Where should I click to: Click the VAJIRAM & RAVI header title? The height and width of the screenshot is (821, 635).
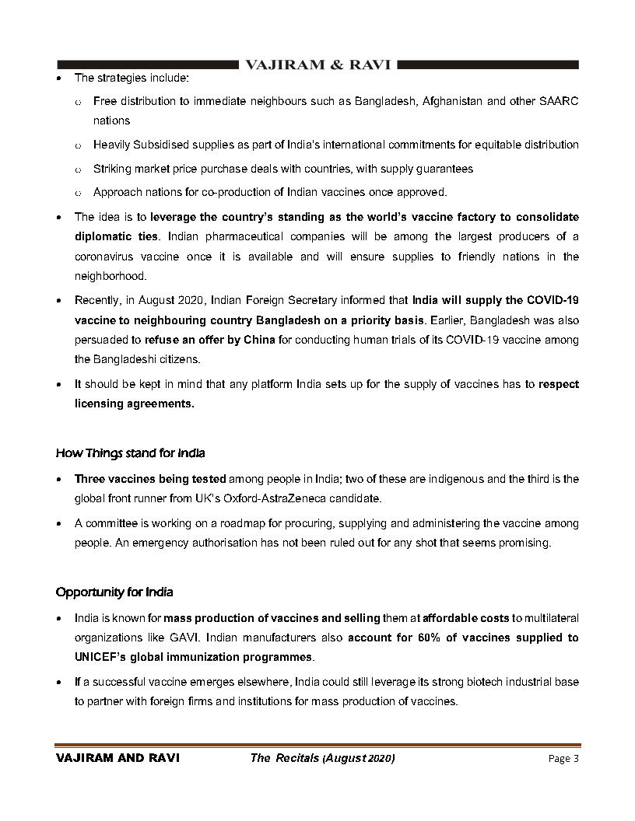[x=317, y=65]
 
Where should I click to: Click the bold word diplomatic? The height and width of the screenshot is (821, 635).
[x=105, y=236]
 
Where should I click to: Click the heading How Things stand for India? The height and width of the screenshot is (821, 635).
[x=130, y=452]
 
